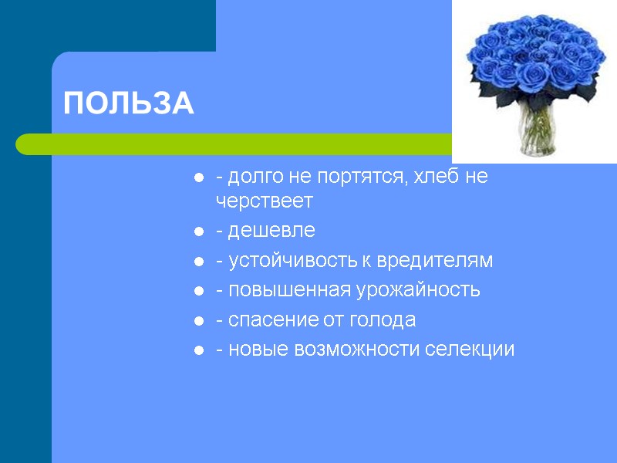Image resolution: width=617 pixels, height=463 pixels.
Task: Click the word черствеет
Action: click(264, 201)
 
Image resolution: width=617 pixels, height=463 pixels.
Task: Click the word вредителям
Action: click(434, 261)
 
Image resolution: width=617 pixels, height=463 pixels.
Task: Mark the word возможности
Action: click(357, 349)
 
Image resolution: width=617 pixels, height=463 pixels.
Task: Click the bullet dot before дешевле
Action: click(199, 231)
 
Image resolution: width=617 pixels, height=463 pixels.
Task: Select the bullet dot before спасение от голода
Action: click(199, 320)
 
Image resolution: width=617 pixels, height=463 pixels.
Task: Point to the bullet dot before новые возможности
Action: click(199, 350)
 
